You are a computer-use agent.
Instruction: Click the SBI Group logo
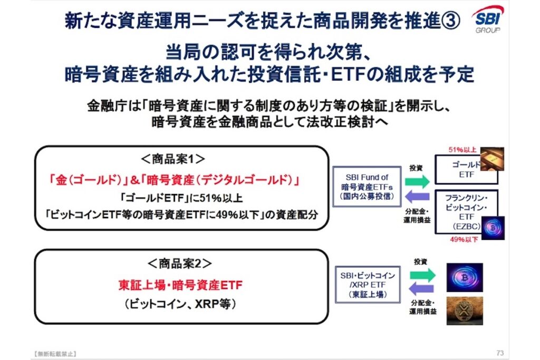pyautogui.click(x=488, y=20)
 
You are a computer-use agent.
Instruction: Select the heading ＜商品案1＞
pyautogui.click(x=173, y=159)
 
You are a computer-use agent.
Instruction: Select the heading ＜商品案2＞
pyautogui.click(x=180, y=264)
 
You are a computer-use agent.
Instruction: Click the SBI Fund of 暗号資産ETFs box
pyautogui.click(x=367, y=187)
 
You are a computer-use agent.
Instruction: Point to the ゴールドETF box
pyautogui.click(x=466, y=169)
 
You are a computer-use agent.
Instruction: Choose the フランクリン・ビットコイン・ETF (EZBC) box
pyautogui.click(x=466, y=212)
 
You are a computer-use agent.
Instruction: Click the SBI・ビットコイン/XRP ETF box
pyautogui.click(x=368, y=285)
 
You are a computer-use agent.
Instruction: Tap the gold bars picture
pyautogui.click(x=492, y=159)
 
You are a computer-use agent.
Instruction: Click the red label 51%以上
pyautogui.click(x=462, y=150)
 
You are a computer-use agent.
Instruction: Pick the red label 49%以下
pyautogui.click(x=464, y=239)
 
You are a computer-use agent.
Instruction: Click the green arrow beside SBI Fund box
pyautogui.click(x=418, y=181)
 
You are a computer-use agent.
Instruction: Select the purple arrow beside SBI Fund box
pyautogui.click(x=418, y=197)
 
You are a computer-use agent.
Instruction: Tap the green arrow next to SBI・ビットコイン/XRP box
pyautogui.click(x=422, y=275)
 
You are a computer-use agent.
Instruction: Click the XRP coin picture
pyautogui.click(x=465, y=311)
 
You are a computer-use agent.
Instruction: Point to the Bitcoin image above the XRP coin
pyautogui.click(x=465, y=277)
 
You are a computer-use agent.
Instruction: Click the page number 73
pyautogui.click(x=500, y=353)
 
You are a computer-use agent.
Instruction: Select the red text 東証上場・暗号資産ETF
pyautogui.click(x=180, y=285)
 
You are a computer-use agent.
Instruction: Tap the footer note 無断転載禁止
pyautogui.click(x=55, y=354)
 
